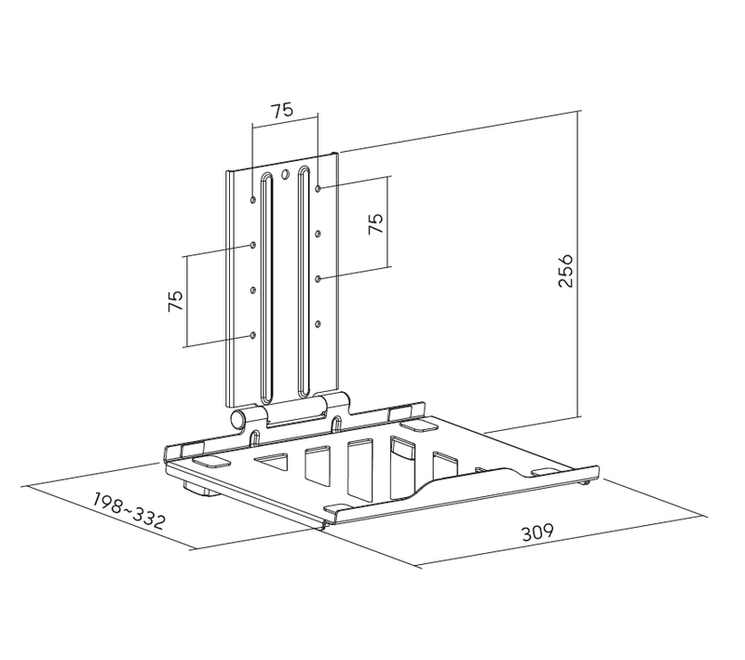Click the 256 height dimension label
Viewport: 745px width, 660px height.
(565, 271)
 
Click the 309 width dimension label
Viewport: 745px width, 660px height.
(537, 532)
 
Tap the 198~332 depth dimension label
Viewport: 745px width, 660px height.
(129, 511)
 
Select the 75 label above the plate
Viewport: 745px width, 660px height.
(282, 110)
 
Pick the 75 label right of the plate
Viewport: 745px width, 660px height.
(375, 222)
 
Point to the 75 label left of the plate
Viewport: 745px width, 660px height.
(175, 301)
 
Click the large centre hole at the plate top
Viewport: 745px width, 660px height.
(285, 175)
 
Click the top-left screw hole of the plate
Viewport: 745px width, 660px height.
(253, 199)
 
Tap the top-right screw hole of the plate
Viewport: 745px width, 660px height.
(318, 189)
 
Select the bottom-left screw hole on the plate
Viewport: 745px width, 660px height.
(252, 336)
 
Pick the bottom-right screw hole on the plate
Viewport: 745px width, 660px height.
(318, 324)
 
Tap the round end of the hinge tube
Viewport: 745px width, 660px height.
(237, 420)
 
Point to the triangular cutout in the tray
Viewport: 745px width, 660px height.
(272, 461)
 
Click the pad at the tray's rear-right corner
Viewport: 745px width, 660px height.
(417, 424)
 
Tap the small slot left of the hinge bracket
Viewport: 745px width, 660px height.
(255, 438)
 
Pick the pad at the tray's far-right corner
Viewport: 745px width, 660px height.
(546, 472)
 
